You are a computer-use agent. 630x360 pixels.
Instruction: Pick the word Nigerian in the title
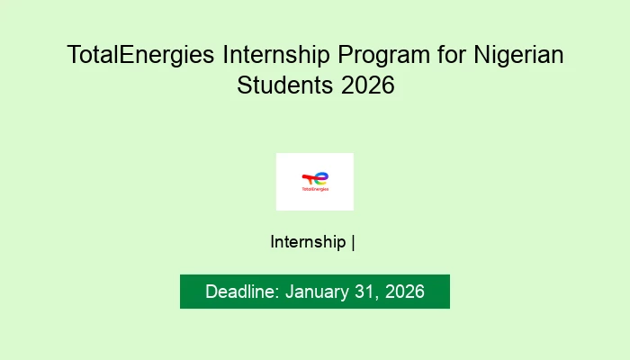pos(520,55)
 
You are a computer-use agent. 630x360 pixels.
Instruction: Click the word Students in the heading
pos(287,87)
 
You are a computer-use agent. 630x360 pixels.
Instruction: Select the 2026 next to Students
pos(369,87)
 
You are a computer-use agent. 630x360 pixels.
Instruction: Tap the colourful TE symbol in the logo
pos(315,177)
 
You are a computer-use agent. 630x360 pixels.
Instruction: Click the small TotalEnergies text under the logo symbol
pos(315,190)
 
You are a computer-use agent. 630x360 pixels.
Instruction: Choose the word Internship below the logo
pos(308,241)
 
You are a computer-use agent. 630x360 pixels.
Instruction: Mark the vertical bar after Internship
pos(354,241)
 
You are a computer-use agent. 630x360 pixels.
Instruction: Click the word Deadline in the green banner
pos(241,292)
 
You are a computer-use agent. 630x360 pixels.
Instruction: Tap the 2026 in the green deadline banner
pos(404,292)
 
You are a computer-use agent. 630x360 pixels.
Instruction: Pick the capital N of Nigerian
pos(484,55)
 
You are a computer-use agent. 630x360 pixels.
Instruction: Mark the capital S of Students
pos(245,87)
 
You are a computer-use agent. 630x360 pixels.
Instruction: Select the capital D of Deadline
pos(211,292)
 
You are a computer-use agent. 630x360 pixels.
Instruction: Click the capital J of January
pos(290,292)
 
